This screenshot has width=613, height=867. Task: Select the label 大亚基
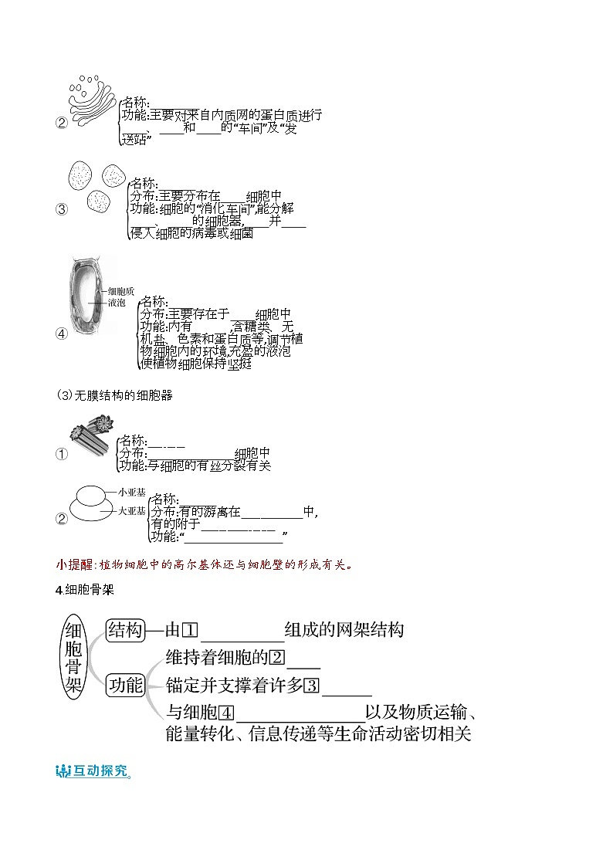[x=132, y=510]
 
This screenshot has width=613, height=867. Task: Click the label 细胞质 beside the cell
[x=121, y=291]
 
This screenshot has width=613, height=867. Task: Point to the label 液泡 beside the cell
[x=117, y=303]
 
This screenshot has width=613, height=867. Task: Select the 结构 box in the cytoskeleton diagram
[x=125, y=629]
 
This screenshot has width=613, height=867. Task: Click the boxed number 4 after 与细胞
[x=226, y=714]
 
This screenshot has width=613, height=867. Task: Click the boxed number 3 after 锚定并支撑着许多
[x=311, y=686]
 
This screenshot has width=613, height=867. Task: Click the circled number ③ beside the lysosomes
[x=62, y=209]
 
